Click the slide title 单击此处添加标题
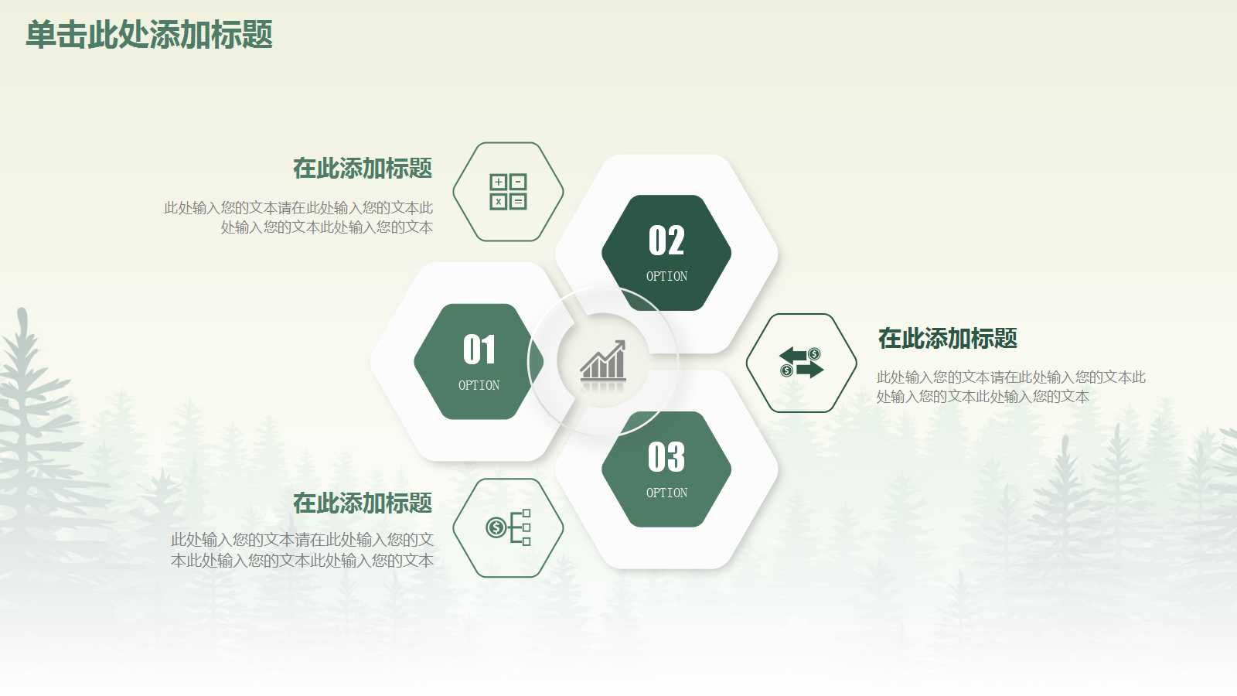149,36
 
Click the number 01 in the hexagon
479,350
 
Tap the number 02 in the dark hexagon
666,241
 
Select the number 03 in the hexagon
666,457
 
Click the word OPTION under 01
479,385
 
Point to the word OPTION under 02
666,276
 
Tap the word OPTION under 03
666,493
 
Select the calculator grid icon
508,192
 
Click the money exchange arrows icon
802,363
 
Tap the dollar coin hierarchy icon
508,527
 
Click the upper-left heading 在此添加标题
363,168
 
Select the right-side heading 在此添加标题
947,338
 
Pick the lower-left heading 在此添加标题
363,503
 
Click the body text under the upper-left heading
299,217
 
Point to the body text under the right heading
1010,387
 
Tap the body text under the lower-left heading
302,550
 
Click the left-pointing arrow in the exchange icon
792,355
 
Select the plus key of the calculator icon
499,183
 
